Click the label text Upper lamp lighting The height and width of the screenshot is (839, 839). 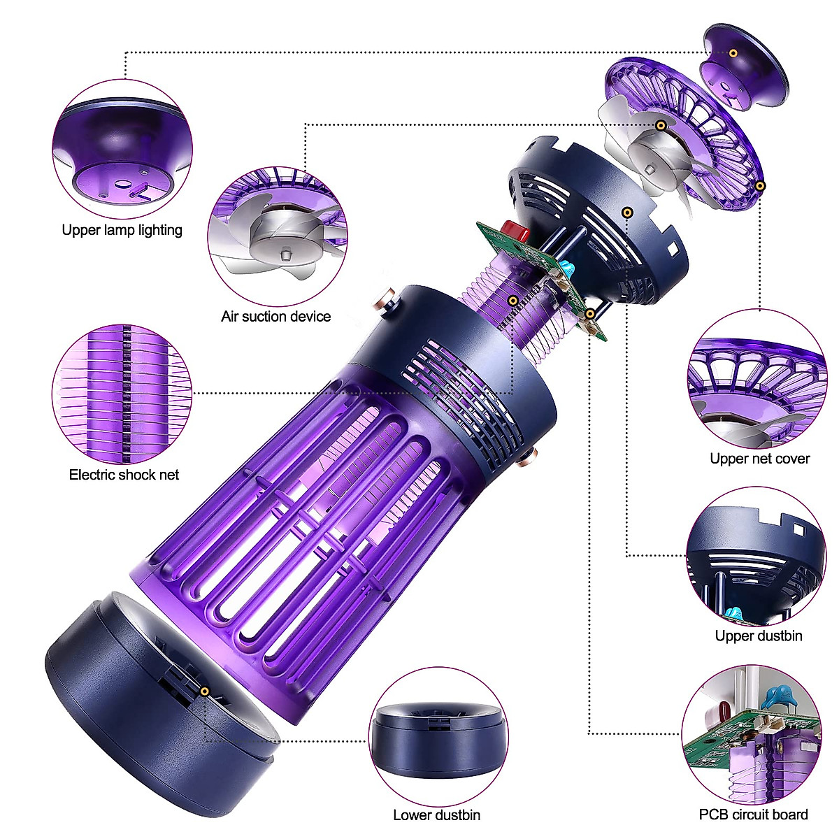coord(122,230)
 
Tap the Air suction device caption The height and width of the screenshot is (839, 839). coord(275,316)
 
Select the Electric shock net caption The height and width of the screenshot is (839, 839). coord(124,475)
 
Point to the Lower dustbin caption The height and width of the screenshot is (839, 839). coord(436,815)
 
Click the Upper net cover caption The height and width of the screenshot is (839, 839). coord(759,459)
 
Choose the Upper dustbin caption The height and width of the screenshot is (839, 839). coord(758,636)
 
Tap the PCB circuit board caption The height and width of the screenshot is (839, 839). coord(753,815)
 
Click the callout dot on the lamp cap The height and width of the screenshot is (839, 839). coord(733,53)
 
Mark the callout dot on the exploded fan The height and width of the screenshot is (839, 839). coord(661,125)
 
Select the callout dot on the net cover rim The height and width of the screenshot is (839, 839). coord(760,185)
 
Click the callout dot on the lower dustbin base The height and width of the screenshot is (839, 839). coord(205,691)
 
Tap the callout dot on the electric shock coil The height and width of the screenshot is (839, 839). coord(512,300)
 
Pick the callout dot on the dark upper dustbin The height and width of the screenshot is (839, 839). coord(628,212)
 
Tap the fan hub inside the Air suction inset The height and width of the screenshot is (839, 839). coord(283,249)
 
